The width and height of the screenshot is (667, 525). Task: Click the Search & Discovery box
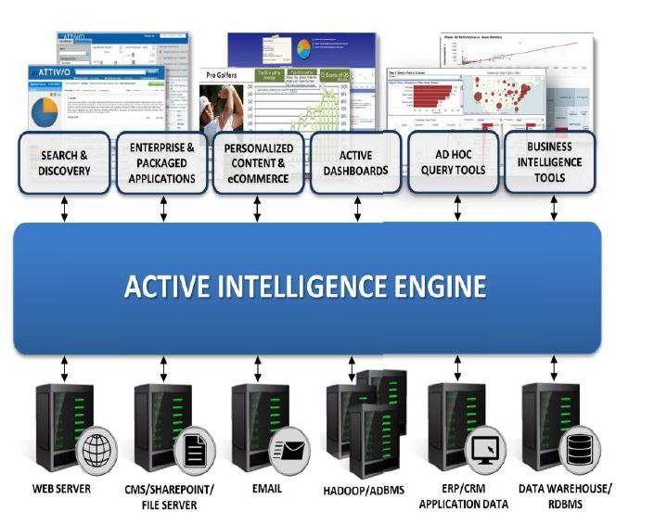tap(65, 162)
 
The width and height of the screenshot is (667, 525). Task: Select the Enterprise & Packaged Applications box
tap(162, 162)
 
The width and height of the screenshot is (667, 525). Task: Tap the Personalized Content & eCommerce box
tap(258, 162)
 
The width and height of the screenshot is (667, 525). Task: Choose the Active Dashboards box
tap(356, 162)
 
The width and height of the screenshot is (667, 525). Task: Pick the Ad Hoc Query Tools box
tap(454, 162)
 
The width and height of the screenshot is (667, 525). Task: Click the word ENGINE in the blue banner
tap(433, 287)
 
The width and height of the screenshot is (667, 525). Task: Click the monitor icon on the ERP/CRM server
tap(484, 452)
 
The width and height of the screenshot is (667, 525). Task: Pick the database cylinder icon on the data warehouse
tap(579, 452)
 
